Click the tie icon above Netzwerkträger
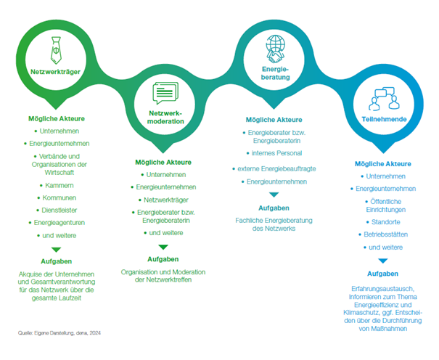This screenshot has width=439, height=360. coord(55,52)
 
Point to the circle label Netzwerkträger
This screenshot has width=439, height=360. coord(55,72)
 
